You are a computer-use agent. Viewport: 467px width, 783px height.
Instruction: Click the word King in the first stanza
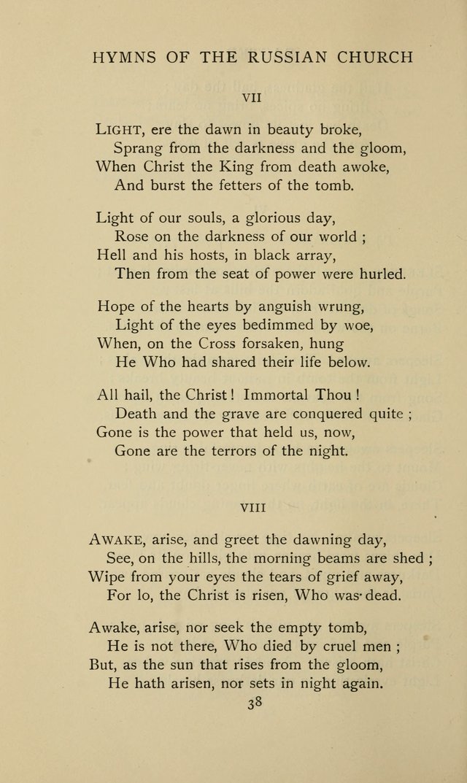[232, 166]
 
